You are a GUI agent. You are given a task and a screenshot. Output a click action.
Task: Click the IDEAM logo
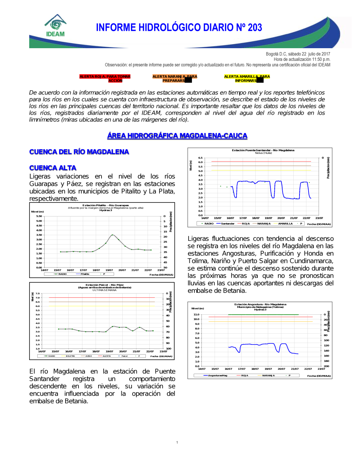tap(55, 26)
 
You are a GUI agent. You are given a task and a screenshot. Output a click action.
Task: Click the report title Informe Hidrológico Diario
tap(179, 28)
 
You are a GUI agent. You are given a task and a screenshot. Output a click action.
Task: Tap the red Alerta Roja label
tap(105, 78)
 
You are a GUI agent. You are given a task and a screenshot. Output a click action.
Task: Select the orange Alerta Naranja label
tap(175, 78)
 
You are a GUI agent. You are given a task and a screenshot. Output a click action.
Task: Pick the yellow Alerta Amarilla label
tap(247, 78)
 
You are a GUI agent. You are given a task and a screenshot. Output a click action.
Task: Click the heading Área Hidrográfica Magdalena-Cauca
tap(177, 136)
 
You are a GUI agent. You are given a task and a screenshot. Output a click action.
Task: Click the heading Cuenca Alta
tap(53, 168)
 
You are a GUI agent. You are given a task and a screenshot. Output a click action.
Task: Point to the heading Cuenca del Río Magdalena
tap(79, 152)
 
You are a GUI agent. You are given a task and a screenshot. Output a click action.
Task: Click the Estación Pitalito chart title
tap(105, 205)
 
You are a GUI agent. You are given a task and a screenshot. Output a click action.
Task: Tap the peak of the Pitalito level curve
tap(112, 235)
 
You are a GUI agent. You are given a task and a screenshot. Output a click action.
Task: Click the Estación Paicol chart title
tap(104, 285)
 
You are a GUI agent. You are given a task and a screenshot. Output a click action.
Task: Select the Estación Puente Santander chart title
tap(263, 150)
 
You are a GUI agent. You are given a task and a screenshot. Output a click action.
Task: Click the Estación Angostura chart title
tap(260, 304)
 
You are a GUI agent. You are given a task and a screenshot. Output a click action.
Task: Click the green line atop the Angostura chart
tap(263, 315)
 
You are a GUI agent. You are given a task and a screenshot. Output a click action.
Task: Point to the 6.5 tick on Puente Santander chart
tap(201, 158)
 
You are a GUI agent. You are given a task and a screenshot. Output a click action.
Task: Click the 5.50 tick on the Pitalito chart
tap(39, 216)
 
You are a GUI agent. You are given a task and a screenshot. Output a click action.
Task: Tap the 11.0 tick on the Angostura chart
tap(196, 315)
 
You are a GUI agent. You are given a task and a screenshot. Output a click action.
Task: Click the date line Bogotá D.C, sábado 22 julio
tap(298, 54)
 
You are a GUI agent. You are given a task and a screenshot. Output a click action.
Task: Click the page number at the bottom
tap(177, 442)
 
